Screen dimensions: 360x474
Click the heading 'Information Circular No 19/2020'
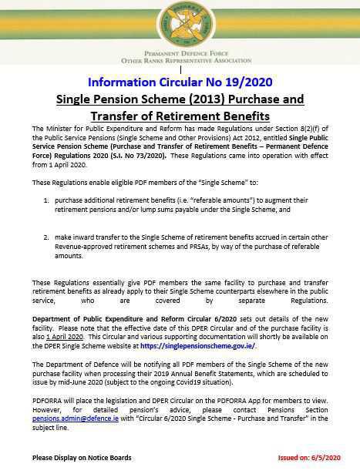click(x=180, y=82)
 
